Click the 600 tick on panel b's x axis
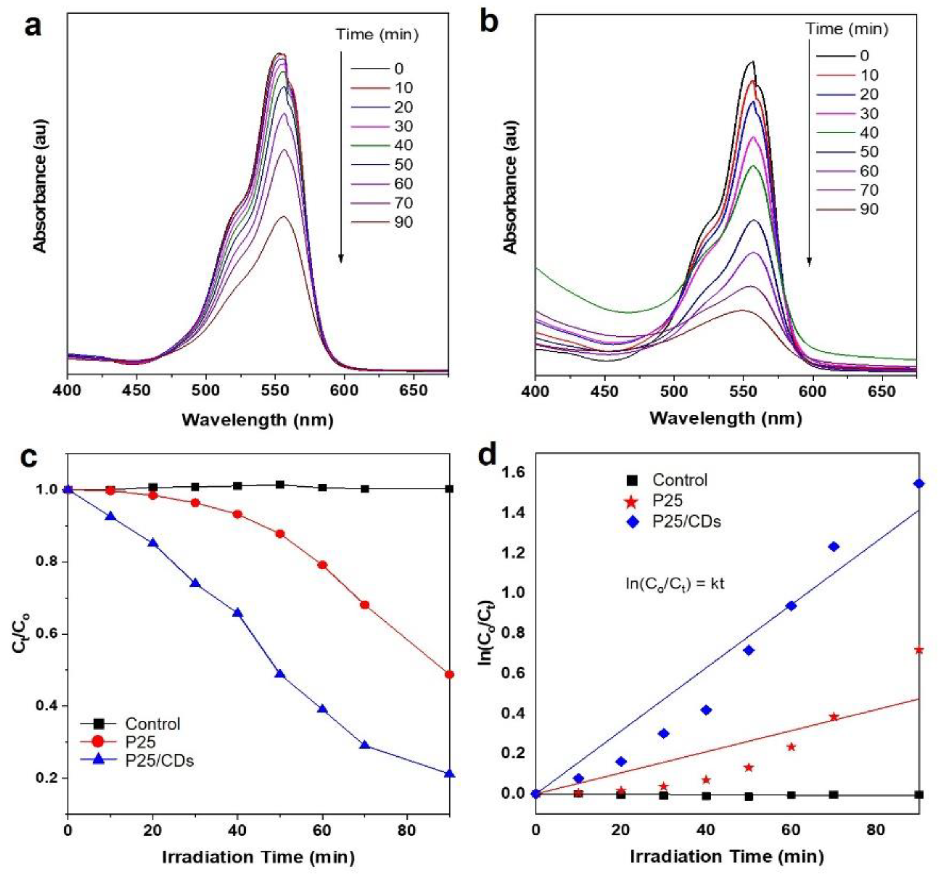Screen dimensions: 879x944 click(x=813, y=391)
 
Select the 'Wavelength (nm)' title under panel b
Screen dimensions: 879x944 click(x=726, y=418)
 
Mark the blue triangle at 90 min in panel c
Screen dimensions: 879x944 click(x=449, y=773)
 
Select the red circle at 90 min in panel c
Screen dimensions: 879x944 click(x=449, y=674)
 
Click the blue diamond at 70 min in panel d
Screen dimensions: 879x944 click(x=834, y=546)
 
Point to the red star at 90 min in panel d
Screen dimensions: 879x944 click(x=919, y=650)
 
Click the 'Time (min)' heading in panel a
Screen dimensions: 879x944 click(x=378, y=35)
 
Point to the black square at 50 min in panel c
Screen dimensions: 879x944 click(x=280, y=485)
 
